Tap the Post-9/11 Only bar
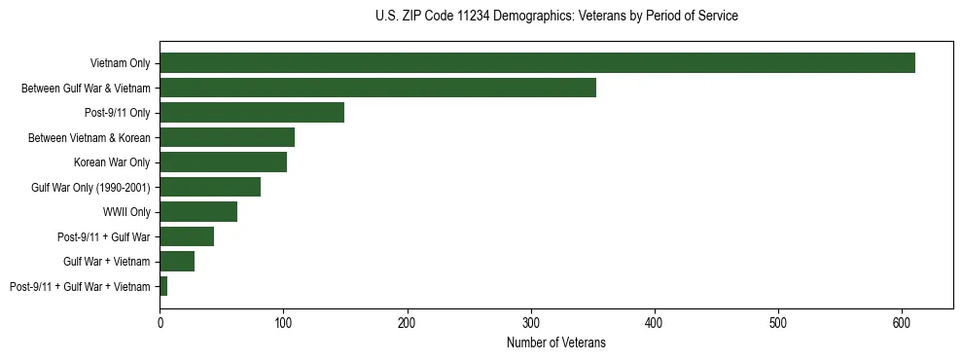[252, 113]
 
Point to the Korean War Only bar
[223, 162]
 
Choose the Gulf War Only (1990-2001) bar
[210, 187]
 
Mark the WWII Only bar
[198, 212]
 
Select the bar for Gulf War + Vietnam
[177, 262]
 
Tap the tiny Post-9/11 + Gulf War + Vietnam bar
[163, 286]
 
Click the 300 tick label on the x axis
[531, 321]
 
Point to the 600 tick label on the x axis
[902, 321]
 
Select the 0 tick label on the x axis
[160, 321]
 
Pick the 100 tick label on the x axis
[283, 321]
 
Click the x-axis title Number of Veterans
[555, 342]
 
